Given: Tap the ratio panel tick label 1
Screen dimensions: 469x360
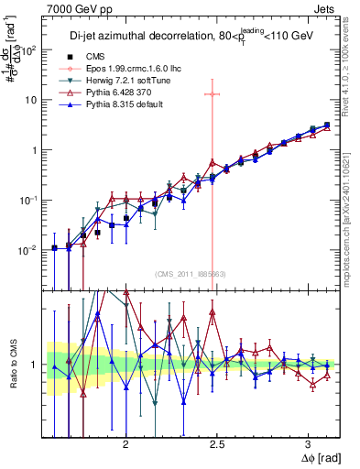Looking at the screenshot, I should tap(36, 365).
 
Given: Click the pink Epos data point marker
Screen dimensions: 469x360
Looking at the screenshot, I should tap(213, 93).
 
